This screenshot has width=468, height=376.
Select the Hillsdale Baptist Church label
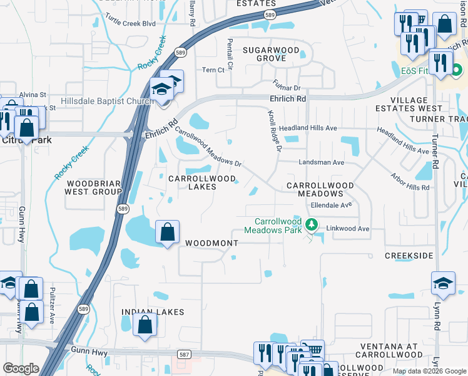106,102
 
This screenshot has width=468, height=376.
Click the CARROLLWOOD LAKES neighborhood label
201,182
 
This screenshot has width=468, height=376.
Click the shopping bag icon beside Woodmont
168,232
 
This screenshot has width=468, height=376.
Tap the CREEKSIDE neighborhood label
409,256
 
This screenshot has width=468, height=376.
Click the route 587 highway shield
185,355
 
